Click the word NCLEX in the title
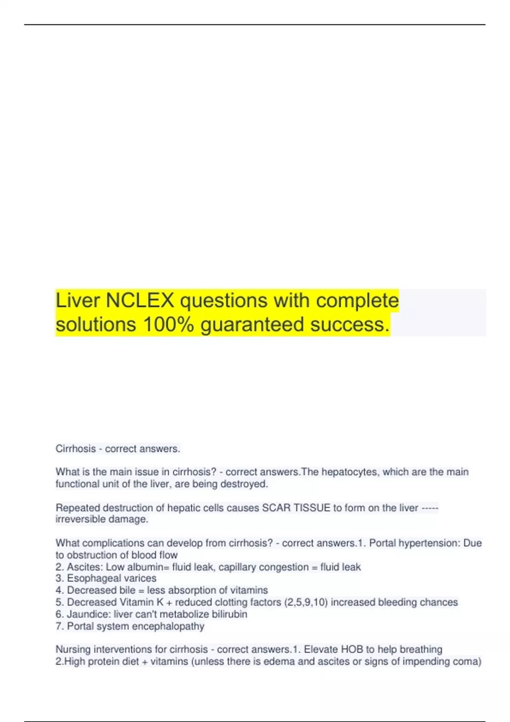[140, 301]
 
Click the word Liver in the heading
[77, 301]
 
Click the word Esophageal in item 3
[90, 578]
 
